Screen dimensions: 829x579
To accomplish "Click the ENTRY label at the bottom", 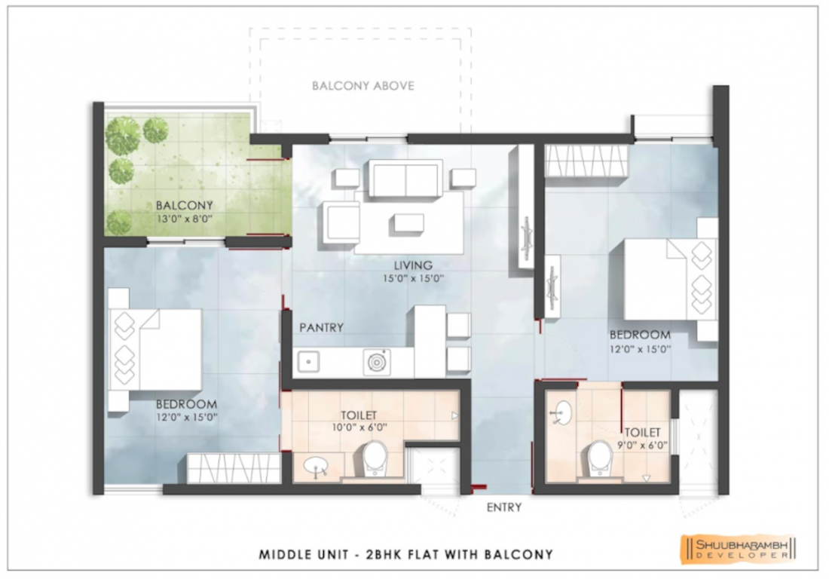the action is pos(504,507).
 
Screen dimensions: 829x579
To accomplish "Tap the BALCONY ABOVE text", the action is pos(363,86).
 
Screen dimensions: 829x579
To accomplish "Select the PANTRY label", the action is pos(322,327).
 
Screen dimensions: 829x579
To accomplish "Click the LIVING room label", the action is pos(413,265).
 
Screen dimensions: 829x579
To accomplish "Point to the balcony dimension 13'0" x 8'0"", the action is pos(185,218).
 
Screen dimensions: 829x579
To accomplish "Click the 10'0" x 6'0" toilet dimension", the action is pos(359,427).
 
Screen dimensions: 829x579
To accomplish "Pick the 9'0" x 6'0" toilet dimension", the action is pos(642,446).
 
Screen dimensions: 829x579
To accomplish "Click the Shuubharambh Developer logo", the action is pos(739,547).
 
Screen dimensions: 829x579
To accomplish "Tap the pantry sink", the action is pos(308,362).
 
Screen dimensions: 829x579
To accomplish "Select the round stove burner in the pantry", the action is pos(376,362).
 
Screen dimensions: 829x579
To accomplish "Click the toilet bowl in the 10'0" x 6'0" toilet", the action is pos(375,458).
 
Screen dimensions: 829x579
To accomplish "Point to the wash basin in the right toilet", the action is pos(562,413).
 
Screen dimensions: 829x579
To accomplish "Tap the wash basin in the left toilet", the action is pos(317,467).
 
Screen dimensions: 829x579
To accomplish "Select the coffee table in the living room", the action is pos(408,222).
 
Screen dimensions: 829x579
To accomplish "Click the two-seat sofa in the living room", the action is pos(405,178).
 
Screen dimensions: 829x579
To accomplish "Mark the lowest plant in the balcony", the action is pos(118,222).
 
